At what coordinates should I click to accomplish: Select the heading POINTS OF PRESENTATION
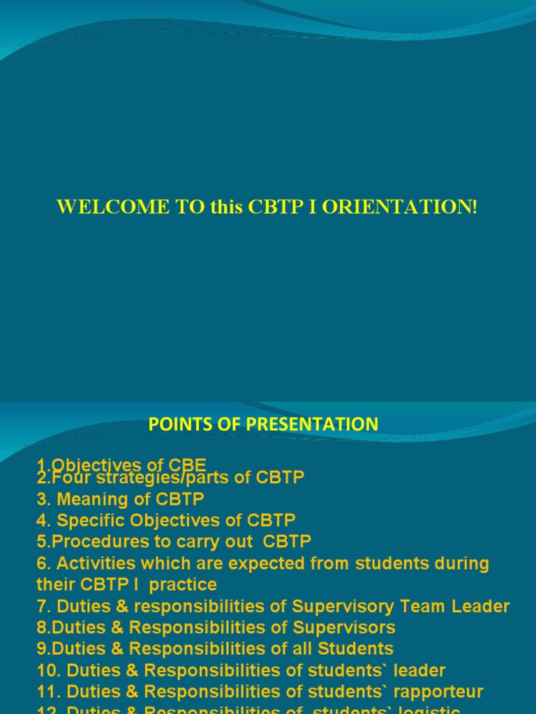[x=263, y=424]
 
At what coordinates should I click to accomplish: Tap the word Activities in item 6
[x=94, y=563]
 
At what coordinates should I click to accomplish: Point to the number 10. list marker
[x=48, y=671]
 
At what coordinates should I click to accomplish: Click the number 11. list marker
[x=48, y=692]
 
